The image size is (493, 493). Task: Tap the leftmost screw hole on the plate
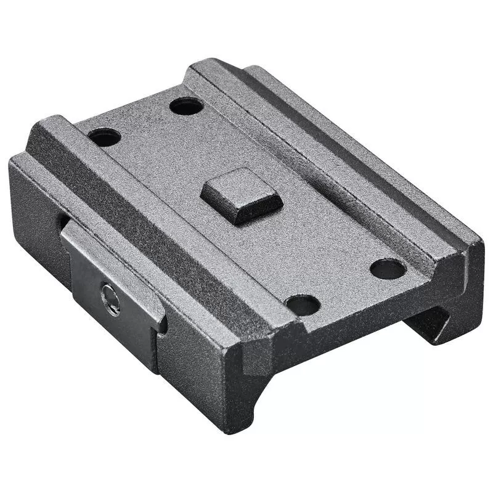(x=104, y=137)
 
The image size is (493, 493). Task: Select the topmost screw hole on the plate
(x=186, y=106)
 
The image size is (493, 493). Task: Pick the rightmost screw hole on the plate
(x=388, y=269)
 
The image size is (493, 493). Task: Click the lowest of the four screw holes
(x=303, y=304)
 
